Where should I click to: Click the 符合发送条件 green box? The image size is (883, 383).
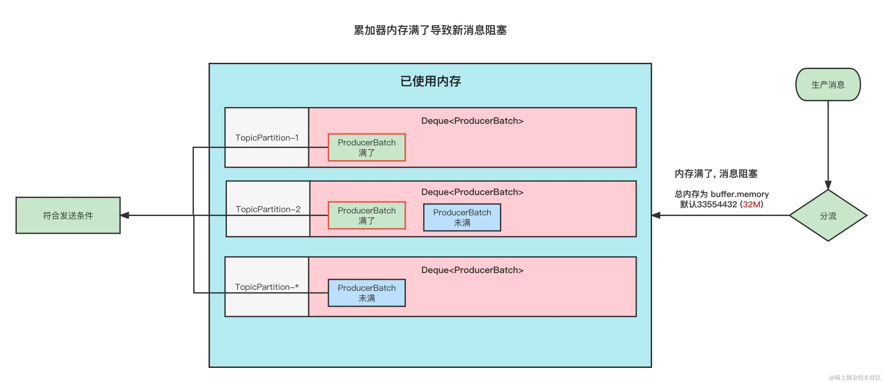[x=68, y=215]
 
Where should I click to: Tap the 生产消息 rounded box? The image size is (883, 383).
[x=828, y=84]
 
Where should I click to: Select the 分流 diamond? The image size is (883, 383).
[x=828, y=216]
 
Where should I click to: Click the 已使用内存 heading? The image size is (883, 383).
[x=430, y=81]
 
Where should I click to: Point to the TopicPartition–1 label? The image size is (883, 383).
[x=267, y=138]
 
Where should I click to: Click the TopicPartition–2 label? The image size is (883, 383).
[x=268, y=209]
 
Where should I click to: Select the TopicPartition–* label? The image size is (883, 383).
[x=267, y=287]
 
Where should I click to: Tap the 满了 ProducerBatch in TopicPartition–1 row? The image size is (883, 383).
[x=366, y=148]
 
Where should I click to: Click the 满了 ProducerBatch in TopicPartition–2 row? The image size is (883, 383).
[x=366, y=216]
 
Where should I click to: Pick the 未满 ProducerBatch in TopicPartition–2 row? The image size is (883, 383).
[x=462, y=218]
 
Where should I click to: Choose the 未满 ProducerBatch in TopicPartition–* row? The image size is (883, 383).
[x=366, y=293]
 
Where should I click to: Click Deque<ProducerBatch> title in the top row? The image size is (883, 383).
[x=472, y=121]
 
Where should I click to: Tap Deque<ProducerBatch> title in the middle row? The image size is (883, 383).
[x=472, y=192]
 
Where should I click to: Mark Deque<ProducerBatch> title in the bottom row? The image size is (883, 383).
[x=472, y=270]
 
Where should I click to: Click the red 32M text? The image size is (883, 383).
[x=752, y=205]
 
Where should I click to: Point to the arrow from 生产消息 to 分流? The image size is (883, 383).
[x=828, y=144]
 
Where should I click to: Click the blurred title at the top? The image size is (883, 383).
[x=431, y=30]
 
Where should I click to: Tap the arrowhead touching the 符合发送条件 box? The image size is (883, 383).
[x=125, y=215]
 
